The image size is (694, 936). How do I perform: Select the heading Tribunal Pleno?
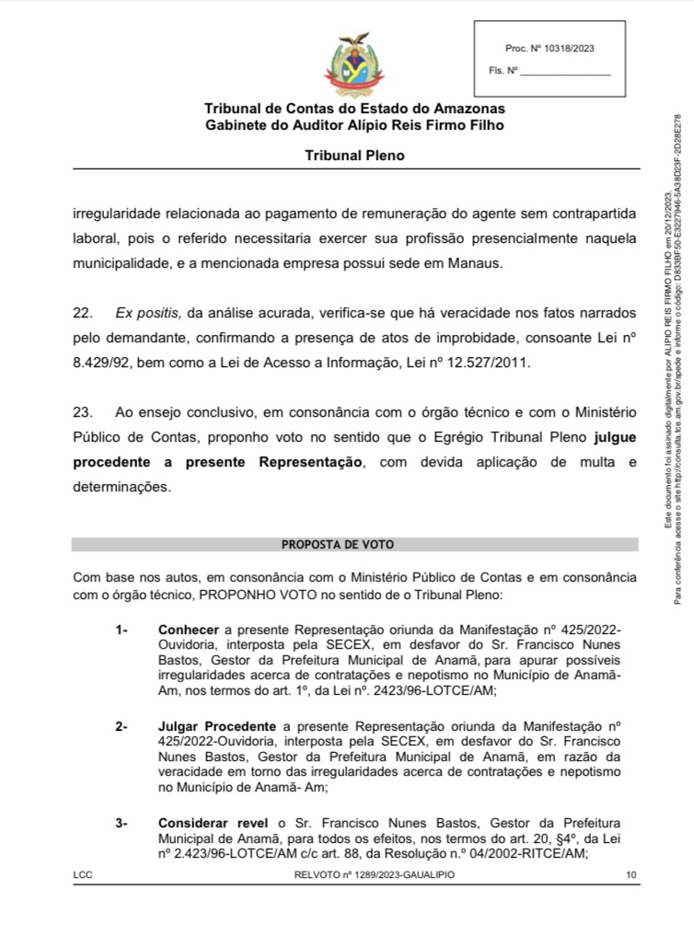(354, 156)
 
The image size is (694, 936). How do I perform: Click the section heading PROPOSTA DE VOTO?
(354, 545)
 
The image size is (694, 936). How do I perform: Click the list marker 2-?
(122, 727)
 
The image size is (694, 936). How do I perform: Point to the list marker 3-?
(122, 822)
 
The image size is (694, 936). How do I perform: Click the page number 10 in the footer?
(630, 875)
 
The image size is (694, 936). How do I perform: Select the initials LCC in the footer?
(82, 875)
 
